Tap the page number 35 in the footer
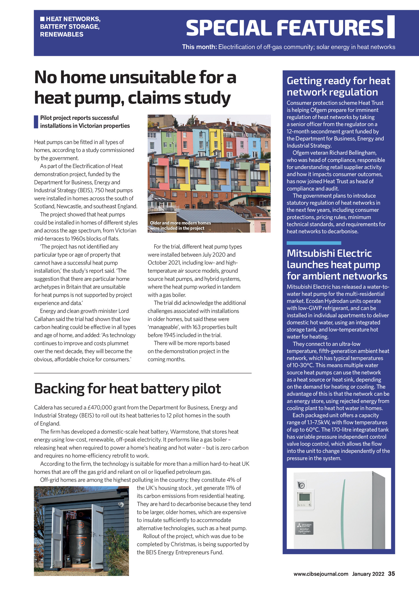pyautogui.click(x=391, y=574)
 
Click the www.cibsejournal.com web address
pyautogui.click(x=321, y=574)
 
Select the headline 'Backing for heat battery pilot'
pyautogui.click(x=127, y=388)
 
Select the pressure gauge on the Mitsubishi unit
pyautogui.click(x=301, y=485)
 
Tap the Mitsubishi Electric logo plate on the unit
pyautogui.click(x=304, y=528)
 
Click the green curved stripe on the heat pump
pyautogui.click(x=344, y=513)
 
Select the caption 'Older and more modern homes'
pyautogui.click(x=180, y=223)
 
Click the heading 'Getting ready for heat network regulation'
pyautogui.click(x=338, y=86)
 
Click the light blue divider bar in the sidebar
pyautogui.click(x=314, y=243)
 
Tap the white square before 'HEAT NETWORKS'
pyautogui.click(x=42, y=19)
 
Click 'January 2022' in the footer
pyautogui.click(x=368, y=574)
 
